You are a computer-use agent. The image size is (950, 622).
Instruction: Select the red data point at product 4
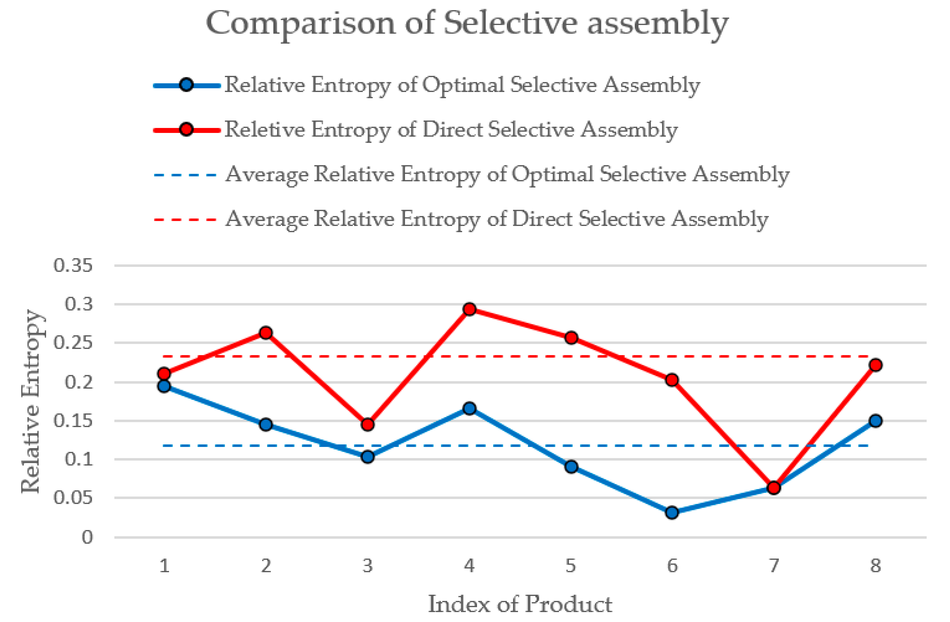[x=469, y=309]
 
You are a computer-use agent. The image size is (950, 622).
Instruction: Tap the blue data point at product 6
[x=672, y=512]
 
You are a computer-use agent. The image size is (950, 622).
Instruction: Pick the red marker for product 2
[x=266, y=332]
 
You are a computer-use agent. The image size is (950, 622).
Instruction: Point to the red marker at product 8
[x=875, y=365]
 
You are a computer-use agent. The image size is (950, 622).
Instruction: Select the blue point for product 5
[x=571, y=466]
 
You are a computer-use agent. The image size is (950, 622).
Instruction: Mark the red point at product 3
[x=368, y=424]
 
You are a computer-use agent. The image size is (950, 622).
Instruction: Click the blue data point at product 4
[x=469, y=408]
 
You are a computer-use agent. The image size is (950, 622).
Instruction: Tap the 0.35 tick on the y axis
[x=73, y=265]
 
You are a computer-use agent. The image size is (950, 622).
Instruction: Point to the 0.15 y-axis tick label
[x=73, y=421]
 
